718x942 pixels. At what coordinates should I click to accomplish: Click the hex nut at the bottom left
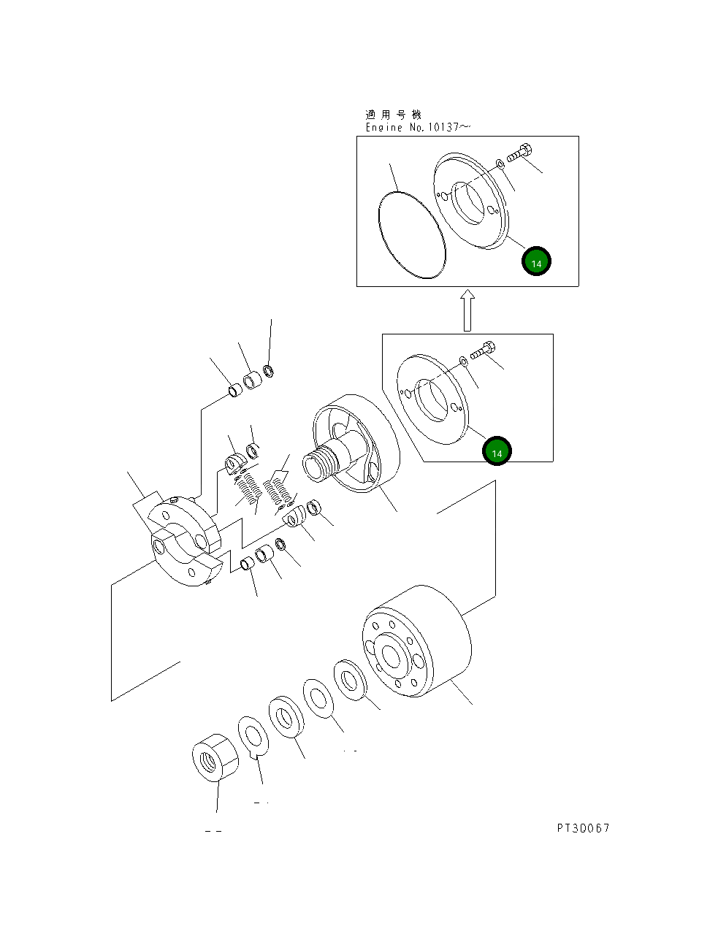[x=214, y=757]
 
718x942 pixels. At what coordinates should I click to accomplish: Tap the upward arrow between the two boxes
[x=467, y=310]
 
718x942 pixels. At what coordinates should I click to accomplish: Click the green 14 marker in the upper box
[x=536, y=262]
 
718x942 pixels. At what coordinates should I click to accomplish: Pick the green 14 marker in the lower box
[x=497, y=452]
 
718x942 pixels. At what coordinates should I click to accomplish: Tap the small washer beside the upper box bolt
[x=500, y=164]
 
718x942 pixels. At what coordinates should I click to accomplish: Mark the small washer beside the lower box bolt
[x=464, y=361]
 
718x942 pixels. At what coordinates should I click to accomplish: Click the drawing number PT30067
[x=582, y=827]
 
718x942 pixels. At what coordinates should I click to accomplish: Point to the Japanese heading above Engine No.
[x=393, y=115]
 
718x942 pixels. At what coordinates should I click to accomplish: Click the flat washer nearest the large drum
[x=351, y=680]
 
